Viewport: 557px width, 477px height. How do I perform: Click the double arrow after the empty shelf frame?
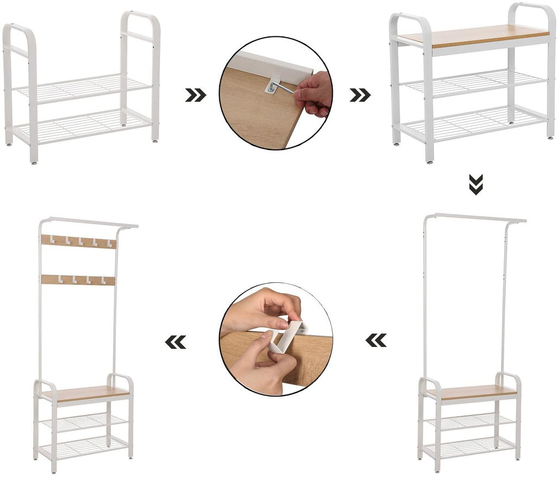click(x=195, y=95)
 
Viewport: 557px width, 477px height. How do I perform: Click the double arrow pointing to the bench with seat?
click(x=360, y=95)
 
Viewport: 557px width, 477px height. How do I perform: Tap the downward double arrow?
click(x=475, y=185)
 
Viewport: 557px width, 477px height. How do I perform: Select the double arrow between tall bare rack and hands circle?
click(x=376, y=340)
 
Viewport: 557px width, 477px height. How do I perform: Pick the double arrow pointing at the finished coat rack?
click(x=175, y=342)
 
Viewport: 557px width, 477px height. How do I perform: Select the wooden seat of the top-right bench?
click(x=473, y=35)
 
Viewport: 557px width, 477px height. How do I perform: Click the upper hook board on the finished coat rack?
click(x=79, y=241)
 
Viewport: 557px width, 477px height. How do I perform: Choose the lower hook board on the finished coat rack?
click(x=79, y=280)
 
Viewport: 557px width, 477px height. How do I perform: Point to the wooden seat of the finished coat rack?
click(x=87, y=393)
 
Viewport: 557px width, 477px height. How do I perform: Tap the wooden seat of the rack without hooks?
click(x=471, y=391)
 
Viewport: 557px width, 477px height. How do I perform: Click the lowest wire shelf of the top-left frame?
click(x=82, y=125)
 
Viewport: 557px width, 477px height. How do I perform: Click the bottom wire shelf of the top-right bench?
click(x=473, y=121)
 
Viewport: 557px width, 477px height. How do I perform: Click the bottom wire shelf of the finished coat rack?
click(x=86, y=446)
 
